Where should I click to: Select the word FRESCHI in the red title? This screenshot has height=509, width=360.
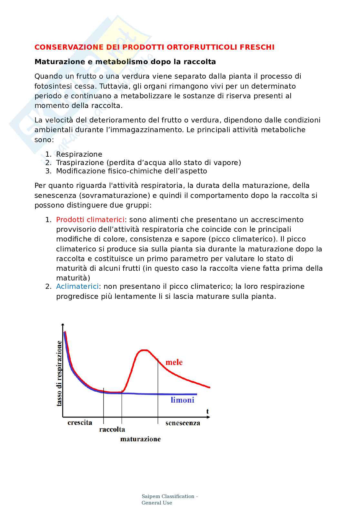pos(257,47)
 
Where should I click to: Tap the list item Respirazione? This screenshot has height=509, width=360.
pos(79,154)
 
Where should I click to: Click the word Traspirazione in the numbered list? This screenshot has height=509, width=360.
pos(80,162)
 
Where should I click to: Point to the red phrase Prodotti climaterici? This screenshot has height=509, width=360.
pos(90,220)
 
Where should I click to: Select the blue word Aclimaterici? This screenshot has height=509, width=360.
pos(77,286)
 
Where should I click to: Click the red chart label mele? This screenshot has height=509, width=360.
pos(174,362)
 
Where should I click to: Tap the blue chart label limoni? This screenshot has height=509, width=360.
pos(182,400)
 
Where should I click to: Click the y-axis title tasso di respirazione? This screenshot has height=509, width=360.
pos(59,373)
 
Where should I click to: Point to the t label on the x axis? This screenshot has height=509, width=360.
pos(207,411)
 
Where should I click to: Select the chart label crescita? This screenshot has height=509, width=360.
pos(80,423)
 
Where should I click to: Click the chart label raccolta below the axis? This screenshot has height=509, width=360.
pos(112,429)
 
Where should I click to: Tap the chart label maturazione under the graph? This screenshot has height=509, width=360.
pos(140,439)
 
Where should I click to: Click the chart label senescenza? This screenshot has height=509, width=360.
pos(183,423)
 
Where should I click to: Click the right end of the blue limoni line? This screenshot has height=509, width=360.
pos(196,394)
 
